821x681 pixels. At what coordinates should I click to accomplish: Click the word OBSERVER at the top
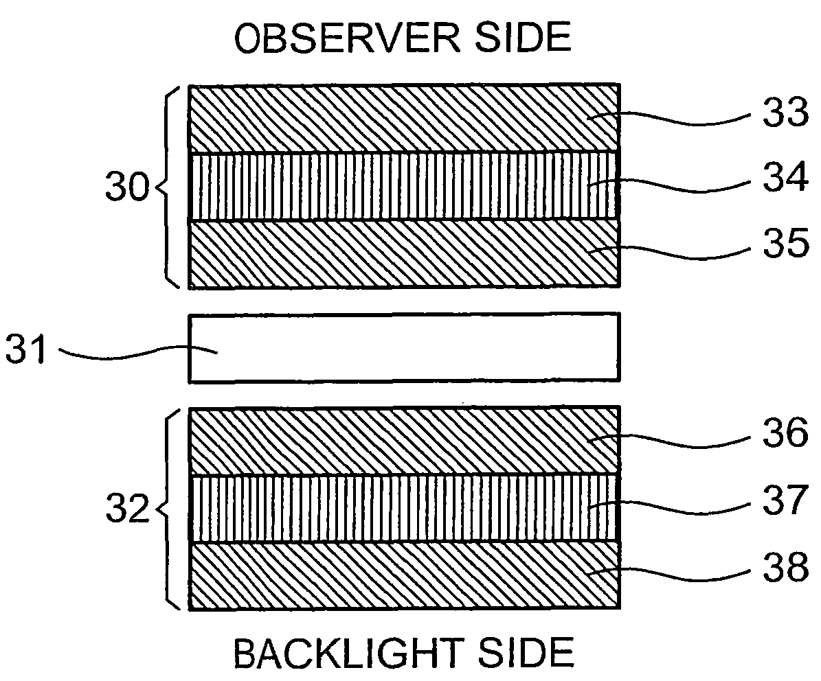point(347,38)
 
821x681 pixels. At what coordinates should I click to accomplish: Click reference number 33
point(785,113)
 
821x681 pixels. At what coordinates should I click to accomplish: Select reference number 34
point(785,177)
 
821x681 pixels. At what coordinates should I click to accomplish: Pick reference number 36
point(785,433)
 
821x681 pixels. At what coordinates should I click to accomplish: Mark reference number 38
point(785,567)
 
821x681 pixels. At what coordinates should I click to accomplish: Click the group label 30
point(127,187)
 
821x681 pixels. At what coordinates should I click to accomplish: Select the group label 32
point(127,509)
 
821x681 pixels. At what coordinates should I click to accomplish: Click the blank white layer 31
point(404,348)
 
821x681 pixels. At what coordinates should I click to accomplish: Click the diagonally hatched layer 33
point(404,118)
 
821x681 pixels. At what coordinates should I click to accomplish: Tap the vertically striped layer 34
point(404,185)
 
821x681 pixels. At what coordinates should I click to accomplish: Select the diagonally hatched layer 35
point(404,253)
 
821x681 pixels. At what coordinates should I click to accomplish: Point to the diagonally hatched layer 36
point(404,441)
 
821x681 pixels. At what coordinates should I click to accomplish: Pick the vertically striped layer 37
point(404,508)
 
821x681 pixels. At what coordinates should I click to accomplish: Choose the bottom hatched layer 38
point(404,575)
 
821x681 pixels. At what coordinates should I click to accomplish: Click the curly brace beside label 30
point(166,187)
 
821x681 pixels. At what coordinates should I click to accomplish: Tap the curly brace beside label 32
point(166,509)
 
